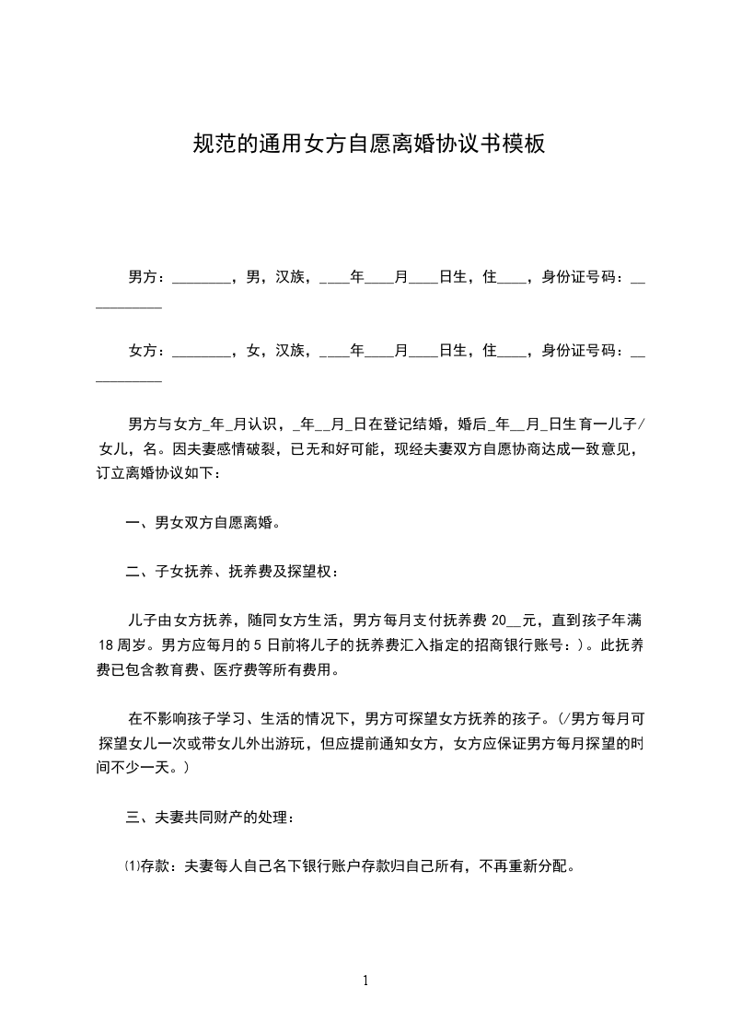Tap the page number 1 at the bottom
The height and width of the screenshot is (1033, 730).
click(x=365, y=981)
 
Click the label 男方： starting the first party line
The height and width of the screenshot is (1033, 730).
click(x=147, y=275)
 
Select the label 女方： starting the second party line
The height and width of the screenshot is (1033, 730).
click(x=147, y=350)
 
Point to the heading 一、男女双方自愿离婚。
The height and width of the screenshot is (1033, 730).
click(x=203, y=523)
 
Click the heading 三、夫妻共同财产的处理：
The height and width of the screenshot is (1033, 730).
click(x=211, y=817)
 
